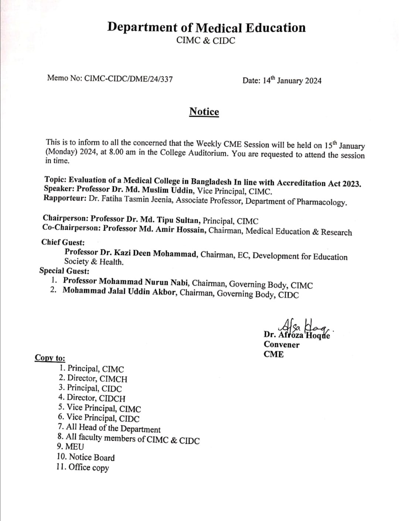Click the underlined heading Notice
[204, 112]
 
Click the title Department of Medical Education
[206, 28]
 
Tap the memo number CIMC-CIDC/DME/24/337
[129, 79]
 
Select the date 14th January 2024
[292, 81]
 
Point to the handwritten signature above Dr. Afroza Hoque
[303, 326]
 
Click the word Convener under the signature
[282, 345]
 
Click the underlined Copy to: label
[50, 358]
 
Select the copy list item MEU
[75, 446]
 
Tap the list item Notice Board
[92, 457]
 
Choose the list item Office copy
[89, 467]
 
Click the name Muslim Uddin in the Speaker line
[168, 191]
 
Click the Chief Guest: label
[63, 242]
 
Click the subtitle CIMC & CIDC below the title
[206, 41]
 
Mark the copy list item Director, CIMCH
[97, 379]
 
